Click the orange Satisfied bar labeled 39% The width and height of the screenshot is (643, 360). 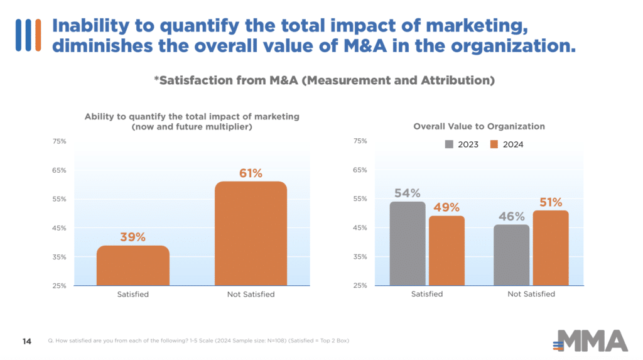(132, 265)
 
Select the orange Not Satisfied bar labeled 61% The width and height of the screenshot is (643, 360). (251, 234)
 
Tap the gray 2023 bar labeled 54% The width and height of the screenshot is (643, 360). (408, 243)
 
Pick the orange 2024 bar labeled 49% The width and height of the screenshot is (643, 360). (446, 250)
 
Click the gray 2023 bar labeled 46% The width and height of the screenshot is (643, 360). (511, 254)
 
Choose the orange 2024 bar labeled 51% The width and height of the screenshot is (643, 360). (550, 248)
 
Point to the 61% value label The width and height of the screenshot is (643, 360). (251, 173)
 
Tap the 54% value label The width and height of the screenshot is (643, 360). (408, 193)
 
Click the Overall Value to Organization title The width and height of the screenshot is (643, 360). (479, 126)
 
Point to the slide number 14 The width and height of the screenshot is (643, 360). (28, 341)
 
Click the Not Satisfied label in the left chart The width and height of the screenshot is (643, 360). (251, 294)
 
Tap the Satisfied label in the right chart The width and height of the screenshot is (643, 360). (427, 294)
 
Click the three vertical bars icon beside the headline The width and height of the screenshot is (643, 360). (28, 35)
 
